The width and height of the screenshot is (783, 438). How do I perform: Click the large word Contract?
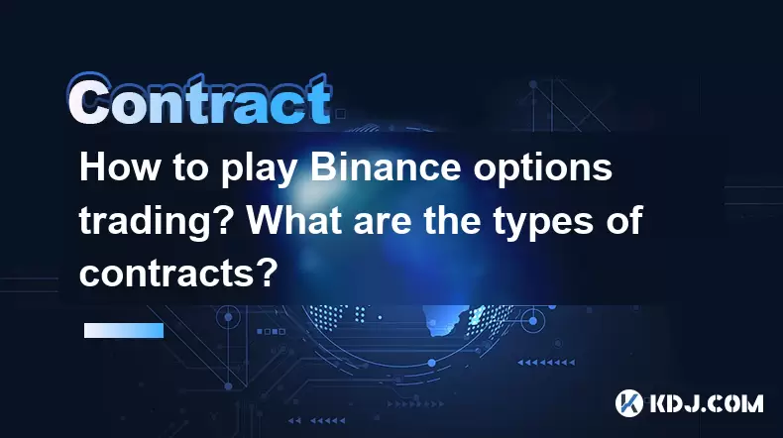coord(200,100)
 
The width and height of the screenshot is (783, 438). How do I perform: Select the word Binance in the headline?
coord(385,167)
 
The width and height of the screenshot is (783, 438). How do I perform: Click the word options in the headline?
coord(543,170)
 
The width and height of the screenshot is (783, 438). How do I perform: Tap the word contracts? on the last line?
coord(178,274)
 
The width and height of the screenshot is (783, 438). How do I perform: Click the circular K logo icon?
coord(628,403)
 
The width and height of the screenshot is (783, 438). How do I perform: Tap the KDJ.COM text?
coord(707,403)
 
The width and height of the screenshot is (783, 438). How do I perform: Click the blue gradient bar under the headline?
coord(124,330)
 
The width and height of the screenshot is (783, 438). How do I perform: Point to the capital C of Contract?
coord(89,101)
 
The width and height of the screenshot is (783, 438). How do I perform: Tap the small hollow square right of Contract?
coord(341,114)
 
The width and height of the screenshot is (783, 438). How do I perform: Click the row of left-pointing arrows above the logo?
coord(546,362)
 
